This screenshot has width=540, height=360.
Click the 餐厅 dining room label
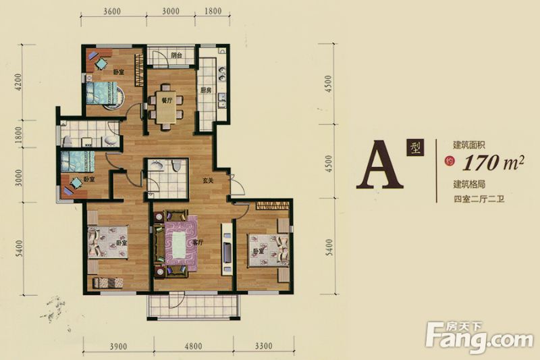click(x=167, y=101)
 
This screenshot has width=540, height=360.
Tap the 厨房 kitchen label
click(x=206, y=91)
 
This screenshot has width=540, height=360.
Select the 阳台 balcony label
click(x=176, y=55)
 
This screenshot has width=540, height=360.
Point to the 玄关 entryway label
click(x=208, y=180)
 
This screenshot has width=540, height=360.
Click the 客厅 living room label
click(x=198, y=243)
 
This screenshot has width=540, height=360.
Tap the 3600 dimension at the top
click(x=112, y=11)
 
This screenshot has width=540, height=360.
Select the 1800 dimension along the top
click(x=213, y=11)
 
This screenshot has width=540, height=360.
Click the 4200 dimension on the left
click(x=18, y=82)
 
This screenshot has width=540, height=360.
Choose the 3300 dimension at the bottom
click(x=263, y=346)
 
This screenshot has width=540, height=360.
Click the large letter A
click(x=379, y=165)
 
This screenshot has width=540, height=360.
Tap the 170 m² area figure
click(x=493, y=163)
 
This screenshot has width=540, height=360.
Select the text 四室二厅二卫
click(x=479, y=199)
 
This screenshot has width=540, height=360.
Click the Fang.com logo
click(x=479, y=337)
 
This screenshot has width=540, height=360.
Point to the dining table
click(x=166, y=107)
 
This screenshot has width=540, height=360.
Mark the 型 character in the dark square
click(x=415, y=148)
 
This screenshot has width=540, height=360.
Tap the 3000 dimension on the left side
click(x=18, y=178)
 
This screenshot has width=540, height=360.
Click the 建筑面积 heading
click(x=469, y=145)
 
